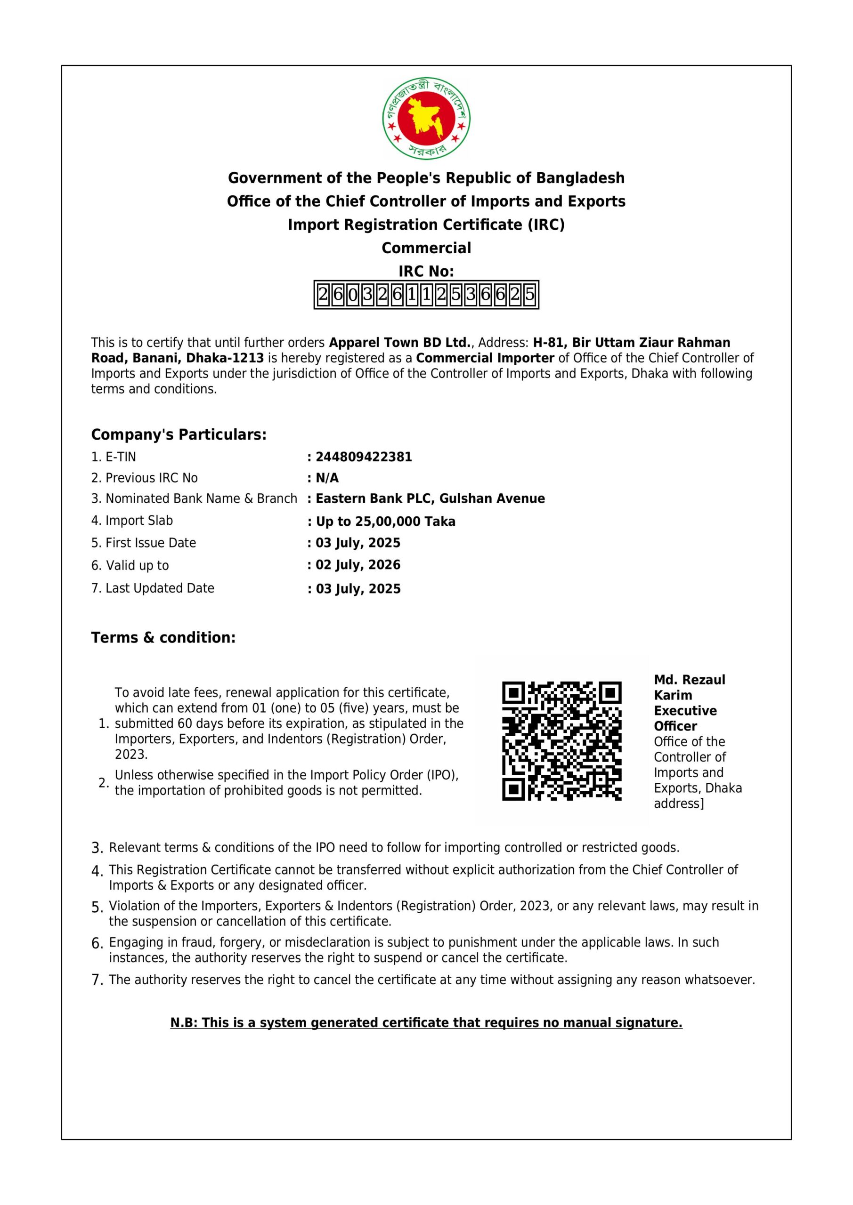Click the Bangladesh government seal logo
[x=426, y=118]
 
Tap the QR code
[x=561, y=740]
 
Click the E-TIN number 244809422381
[x=364, y=457]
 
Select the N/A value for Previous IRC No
[x=327, y=478]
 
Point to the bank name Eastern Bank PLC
[x=374, y=498]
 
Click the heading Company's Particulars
[x=179, y=434]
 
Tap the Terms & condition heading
[x=163, y=638]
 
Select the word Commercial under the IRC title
[x=426, y=248]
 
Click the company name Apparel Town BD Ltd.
[x=400, y=343]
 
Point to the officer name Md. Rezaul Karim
[x=689, y=688]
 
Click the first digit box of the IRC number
[x=323, y=295]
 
